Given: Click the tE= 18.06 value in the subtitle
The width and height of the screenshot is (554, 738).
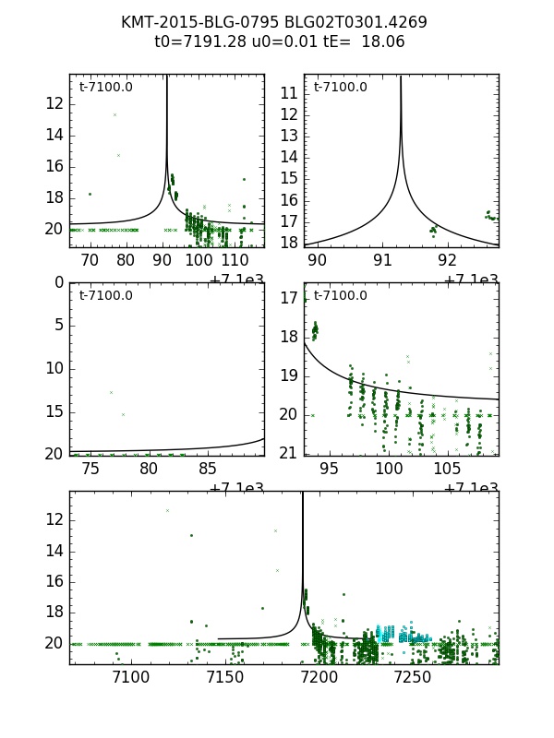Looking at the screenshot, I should [x=368, y=42].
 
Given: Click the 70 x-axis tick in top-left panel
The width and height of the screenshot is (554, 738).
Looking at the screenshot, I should [x=90, y=261].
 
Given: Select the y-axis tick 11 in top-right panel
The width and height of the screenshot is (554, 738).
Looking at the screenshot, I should [x=288, y=93].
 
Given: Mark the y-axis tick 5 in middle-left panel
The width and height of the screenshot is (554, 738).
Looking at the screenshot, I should [x=57, y=325].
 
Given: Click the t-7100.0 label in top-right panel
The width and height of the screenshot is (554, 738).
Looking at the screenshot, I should [x=340, y=88].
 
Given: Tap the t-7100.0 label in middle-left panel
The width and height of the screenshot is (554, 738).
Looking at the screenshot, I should [x=105, y=296].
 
